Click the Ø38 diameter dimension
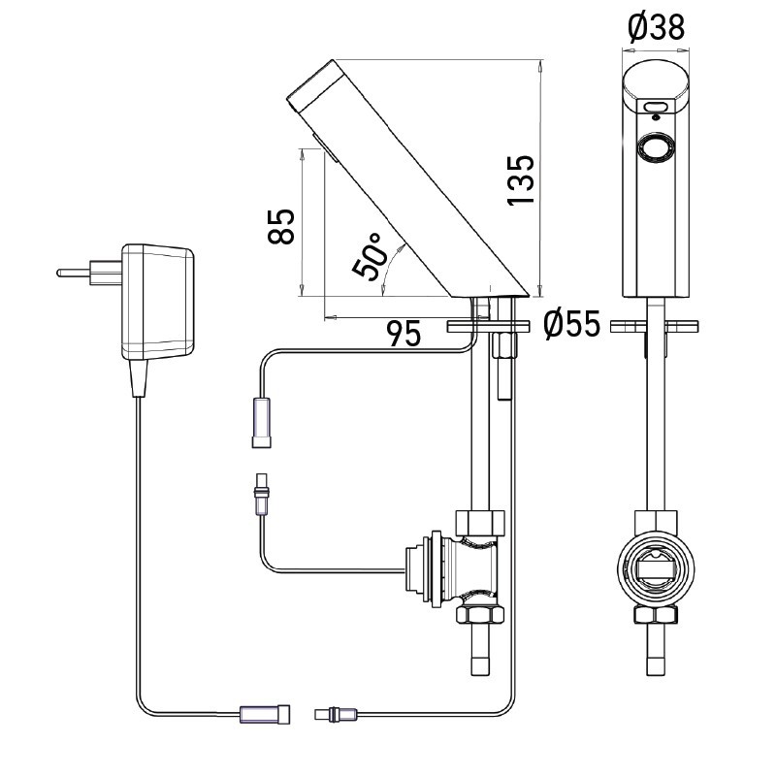656,28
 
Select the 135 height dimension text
520,179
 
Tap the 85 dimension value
280,227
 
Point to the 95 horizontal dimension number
404,335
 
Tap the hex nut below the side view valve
482,614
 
